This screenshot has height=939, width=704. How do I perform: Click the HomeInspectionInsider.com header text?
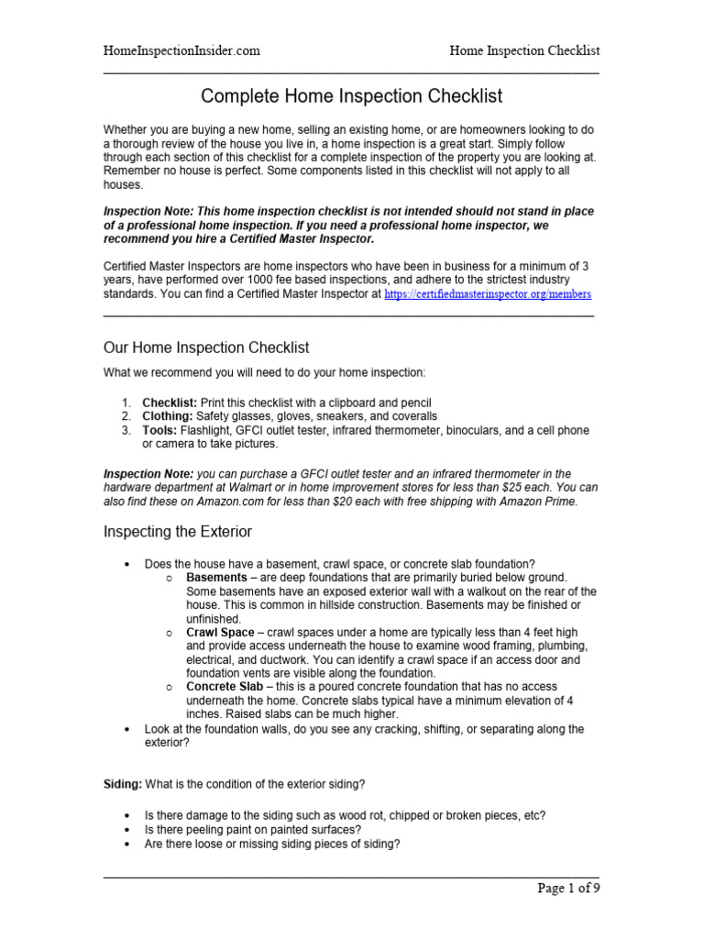(x=181, y=50)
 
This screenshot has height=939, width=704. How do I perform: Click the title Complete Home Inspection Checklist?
(x=351, y=96)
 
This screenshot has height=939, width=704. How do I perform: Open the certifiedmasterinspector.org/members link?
(x=488, y=294)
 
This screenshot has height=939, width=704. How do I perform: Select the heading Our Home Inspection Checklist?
(x=205, y=348)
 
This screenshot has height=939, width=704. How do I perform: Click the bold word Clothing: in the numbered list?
(x=167, y=416)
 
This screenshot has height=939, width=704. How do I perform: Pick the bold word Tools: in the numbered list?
(x=159, y=430)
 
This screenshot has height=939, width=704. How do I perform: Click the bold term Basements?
(x=216, y=578)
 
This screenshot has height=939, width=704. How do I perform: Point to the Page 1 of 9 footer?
(x=567, y=888)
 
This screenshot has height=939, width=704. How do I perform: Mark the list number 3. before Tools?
(x=126, y=430)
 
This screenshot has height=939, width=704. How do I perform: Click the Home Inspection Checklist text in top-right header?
(x=524, y=50)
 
